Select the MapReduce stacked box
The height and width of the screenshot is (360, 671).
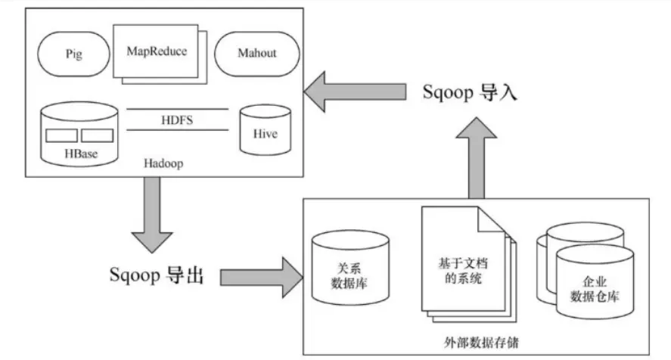click(157, 51)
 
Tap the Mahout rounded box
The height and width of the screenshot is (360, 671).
click(256, 54)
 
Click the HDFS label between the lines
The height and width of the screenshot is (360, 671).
click(176, 119)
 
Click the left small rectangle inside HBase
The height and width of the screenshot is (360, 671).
click(61, 136)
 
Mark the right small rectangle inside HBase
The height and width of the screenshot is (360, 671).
click(97, 136)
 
